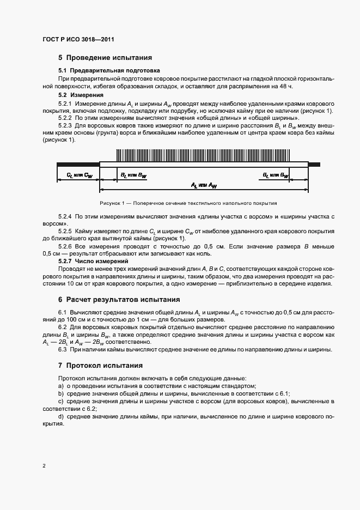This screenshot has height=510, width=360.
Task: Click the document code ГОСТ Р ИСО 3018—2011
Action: [78, 39]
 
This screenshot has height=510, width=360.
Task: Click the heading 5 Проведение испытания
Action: [105, 57]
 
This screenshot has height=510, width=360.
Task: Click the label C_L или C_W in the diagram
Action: [80, 175]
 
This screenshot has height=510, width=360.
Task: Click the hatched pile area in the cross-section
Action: [204, 154]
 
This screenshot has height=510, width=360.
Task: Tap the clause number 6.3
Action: [62, 349]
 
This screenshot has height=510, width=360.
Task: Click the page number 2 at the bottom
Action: [44, 466]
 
